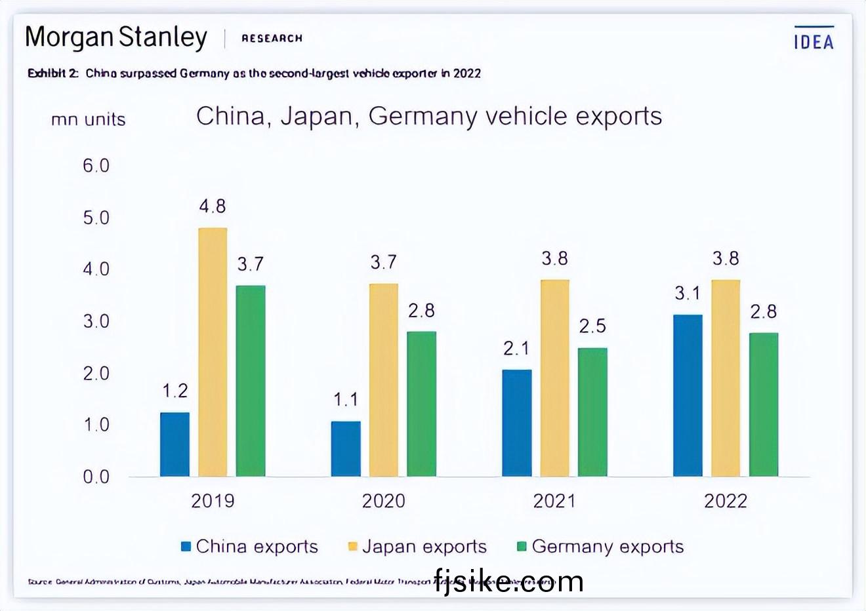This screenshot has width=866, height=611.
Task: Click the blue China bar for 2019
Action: [175, 444]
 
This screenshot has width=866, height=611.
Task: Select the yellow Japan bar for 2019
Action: [213, 352]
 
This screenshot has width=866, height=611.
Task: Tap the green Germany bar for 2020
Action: [421, 403]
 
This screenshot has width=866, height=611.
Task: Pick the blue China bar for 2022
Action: [688, 395]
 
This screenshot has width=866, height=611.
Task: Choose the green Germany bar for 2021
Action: [592, 412]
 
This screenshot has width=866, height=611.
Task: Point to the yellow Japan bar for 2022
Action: [726, 378]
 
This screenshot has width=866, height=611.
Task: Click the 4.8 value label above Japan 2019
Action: [213, 207]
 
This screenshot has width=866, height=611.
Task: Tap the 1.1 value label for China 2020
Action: [346, 399]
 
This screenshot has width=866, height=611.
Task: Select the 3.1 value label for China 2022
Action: [688, 293]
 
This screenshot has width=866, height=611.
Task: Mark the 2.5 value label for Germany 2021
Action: [592, 326]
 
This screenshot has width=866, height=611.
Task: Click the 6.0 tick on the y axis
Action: [96, 166]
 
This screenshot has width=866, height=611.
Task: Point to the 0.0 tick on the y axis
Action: [96, 477]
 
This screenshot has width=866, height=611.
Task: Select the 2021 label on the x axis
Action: [554, 502]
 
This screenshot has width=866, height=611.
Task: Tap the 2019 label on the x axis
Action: [213, 502]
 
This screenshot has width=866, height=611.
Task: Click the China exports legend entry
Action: [250, 547]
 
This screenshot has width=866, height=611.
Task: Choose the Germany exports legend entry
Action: [601, 547]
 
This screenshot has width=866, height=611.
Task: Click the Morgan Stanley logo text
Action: [116, 37]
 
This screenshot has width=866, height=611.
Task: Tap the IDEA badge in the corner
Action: [814, 41]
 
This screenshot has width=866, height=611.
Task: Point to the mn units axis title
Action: [88, 119]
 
